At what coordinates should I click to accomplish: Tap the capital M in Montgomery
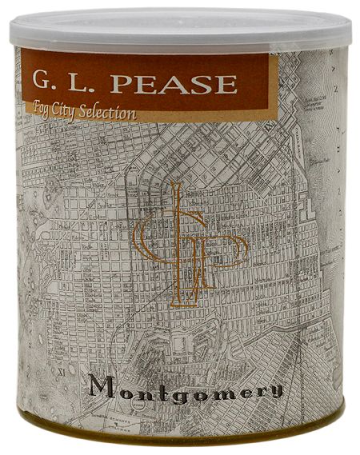coord(103,385)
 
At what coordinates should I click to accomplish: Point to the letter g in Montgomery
coord(176,391)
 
